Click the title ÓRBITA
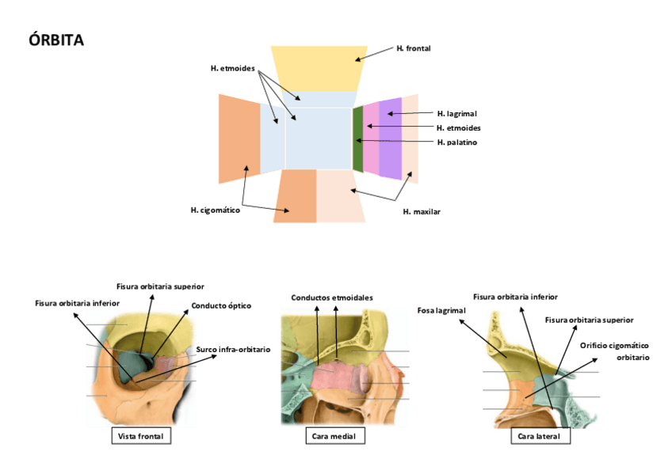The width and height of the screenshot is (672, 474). click(55, 40)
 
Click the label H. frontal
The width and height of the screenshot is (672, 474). click(413, 49)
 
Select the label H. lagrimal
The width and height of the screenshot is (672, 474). click(456, 114)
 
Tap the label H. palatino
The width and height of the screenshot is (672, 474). click(457, 142)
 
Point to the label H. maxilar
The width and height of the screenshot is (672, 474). click(422, 212)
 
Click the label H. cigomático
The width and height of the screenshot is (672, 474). click(215, 210)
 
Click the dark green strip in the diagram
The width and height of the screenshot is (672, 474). click(357, 138)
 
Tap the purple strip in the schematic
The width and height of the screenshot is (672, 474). click(391, 138)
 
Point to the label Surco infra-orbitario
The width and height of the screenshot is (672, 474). click(233, 349)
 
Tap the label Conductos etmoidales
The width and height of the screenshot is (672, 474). click(332, 298)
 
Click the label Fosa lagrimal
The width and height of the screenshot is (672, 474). click(441, 310)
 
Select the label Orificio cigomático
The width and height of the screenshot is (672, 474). click(614, 345)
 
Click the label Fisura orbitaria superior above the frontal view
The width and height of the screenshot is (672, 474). click(160, 286)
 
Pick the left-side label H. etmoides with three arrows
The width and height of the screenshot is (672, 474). click(232, 69)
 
